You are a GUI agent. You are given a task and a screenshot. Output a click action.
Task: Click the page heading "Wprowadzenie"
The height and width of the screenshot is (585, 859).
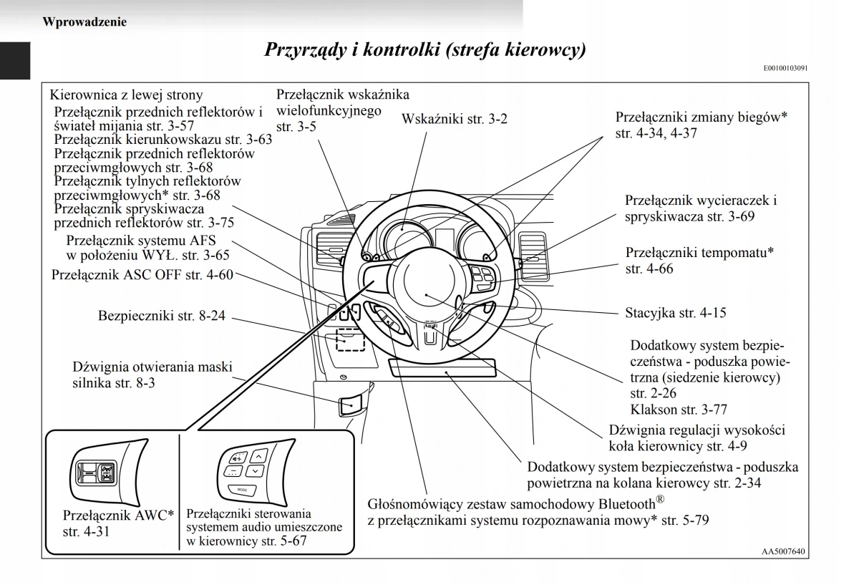(84, 21)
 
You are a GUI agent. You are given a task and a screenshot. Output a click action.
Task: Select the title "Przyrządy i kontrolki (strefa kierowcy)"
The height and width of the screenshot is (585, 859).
(425, 49)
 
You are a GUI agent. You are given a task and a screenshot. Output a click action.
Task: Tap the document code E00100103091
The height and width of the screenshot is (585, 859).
(785, 69)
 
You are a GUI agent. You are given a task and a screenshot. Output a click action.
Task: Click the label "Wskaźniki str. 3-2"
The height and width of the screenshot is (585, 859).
(455, 120)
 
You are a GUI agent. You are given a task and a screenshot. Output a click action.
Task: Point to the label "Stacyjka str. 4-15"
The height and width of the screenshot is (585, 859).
(676, 313)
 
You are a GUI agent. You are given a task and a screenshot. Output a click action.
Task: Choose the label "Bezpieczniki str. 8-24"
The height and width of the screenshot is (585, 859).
(162, 315)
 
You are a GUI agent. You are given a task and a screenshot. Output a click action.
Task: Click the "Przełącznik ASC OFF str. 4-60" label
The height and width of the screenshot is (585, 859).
(142, 275)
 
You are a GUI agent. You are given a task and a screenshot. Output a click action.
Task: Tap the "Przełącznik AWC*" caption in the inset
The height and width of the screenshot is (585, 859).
(119, 516)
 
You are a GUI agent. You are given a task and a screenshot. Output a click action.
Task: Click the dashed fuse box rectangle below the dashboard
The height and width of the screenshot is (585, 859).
(350, 342)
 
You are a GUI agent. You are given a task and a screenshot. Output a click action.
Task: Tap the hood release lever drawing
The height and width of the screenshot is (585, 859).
(350, 405)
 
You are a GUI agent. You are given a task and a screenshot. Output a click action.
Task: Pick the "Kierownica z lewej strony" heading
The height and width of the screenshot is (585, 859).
(126, 95)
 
